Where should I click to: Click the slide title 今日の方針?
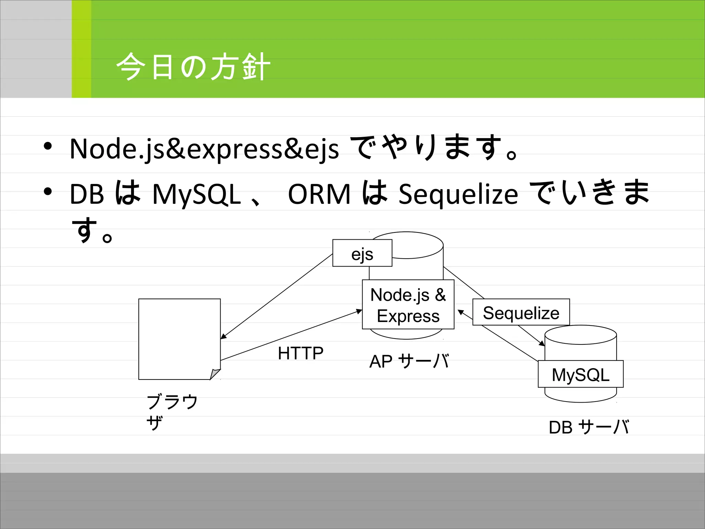[193, 67]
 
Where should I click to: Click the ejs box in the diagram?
[362, 253]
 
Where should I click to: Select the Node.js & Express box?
[408, 305]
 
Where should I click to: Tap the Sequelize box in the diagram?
[521, 312]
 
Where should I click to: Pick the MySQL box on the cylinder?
[580, 374]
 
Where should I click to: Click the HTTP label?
[301, 353]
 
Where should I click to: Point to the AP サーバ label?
[409, 361]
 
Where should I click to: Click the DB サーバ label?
[589, 427]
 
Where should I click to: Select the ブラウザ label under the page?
[172, 412]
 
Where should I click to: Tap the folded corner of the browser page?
[215, 374]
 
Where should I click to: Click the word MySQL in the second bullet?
[196, 194]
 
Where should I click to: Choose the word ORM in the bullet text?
[319, 194]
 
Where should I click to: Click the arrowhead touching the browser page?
[223, 336]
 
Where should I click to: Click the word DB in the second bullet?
[87, 194]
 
